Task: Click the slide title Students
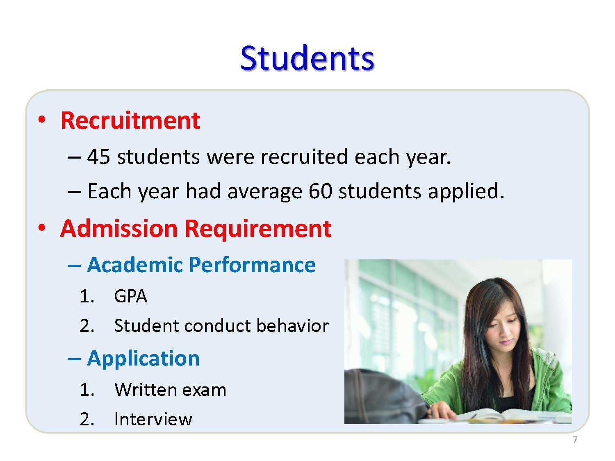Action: click(x=307, y=58)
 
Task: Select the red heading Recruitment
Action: click(x=130, y=120)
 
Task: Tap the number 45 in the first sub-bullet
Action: click(x=98, y=157)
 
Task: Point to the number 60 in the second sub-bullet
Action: click(x=321, y=191)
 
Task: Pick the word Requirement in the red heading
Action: click(x=258, y=229)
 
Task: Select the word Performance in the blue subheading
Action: click(x=253, y=264)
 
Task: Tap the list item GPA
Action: click(x=130, y=296)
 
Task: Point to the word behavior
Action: click(x=292, y=326)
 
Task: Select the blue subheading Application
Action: click(x=143, y=359)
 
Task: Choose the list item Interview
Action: click(x=153, y=419)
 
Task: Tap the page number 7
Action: click(x=575, y=440)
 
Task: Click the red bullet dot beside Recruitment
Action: click(x=42, y=120)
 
